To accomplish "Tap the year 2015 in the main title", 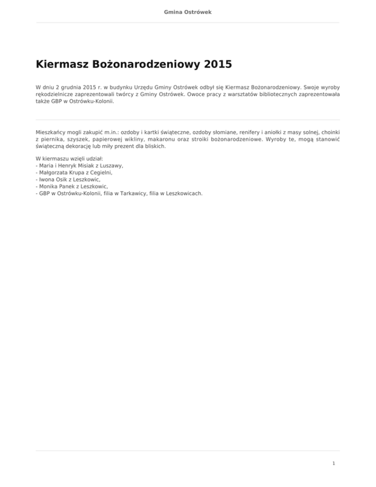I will (214, 65).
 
